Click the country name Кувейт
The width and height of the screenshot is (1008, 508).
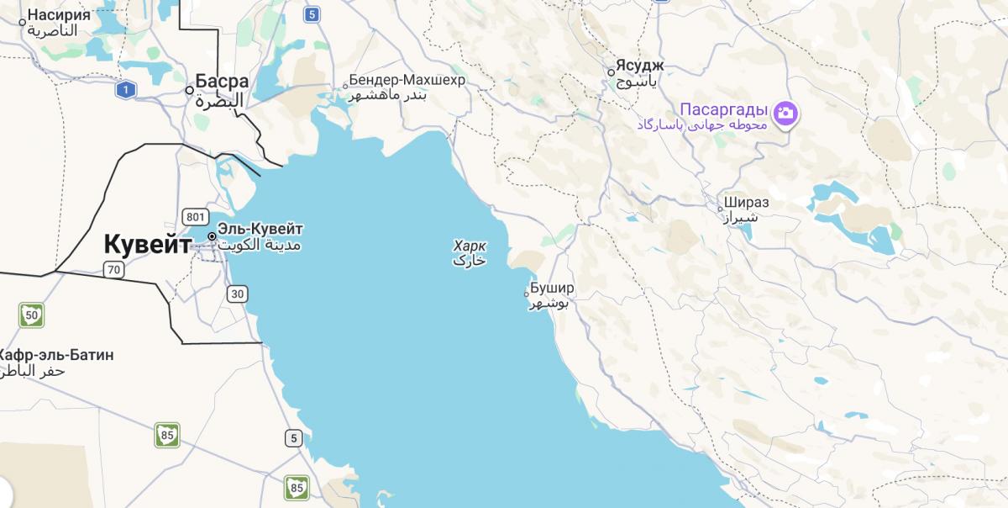point(147,245)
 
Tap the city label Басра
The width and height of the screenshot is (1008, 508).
point(222,82)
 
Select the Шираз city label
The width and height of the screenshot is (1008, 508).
point(747,203)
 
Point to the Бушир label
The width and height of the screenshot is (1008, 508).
point(552,288)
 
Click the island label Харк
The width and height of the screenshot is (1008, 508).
point(470,246)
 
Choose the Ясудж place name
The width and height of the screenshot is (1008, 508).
point(640,65)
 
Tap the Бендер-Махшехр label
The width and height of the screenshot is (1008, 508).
point(407,80)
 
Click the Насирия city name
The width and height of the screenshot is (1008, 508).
point(59,14)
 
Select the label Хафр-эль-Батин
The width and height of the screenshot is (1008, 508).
point(56,355)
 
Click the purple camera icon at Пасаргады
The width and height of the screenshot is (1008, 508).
point(785,112)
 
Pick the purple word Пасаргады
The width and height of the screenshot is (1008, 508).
point(723,109)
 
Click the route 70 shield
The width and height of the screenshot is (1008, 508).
point(114,270)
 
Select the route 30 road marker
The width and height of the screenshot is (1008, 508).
point(238,294)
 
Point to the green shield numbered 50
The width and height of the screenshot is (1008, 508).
point(32,315)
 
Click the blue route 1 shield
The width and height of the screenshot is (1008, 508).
point(126,89)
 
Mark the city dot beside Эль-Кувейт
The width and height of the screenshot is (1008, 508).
point(212,236)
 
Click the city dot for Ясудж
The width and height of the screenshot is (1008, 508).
point(612,71)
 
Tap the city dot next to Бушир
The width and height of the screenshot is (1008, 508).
point(527,294)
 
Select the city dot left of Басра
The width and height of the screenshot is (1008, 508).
point(190,90)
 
